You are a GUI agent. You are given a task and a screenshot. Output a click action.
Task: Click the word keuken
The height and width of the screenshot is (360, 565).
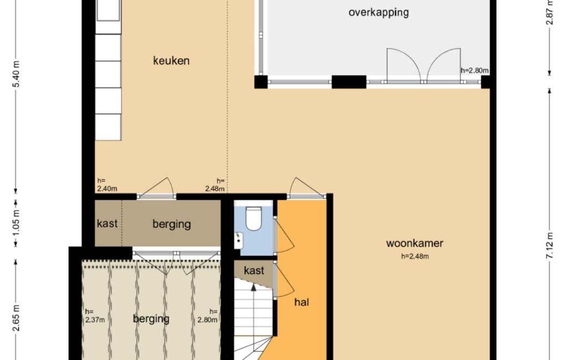point(171,60)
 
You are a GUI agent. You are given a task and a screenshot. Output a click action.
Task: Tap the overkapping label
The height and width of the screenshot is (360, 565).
point(378,13)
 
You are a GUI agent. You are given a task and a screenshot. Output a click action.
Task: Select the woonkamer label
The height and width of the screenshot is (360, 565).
point(415,243)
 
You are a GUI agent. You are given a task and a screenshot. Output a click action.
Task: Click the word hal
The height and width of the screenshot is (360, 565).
point(301,302)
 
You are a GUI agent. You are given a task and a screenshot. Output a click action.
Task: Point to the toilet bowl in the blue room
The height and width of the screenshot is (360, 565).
point(254,218)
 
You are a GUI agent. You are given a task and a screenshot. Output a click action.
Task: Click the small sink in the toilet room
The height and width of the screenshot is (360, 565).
point(238,240)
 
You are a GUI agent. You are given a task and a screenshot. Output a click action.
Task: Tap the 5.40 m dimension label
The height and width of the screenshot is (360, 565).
point(16,74)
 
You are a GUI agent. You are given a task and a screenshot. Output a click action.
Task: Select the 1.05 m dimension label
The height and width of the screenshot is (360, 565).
point(16,223)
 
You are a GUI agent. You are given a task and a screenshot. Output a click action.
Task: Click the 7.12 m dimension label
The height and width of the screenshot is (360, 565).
point(550,245)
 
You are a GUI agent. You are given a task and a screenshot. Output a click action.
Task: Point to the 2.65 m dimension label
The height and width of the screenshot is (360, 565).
point(16,318)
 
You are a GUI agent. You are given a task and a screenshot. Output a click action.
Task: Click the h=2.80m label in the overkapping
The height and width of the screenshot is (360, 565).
point(475,70)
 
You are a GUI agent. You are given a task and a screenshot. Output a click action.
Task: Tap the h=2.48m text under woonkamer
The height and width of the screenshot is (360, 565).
point(415,256)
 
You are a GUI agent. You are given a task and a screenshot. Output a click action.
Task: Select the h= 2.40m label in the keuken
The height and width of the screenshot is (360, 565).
point(107,184)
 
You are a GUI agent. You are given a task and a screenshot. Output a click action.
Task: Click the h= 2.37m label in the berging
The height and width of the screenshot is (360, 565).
point(95,316)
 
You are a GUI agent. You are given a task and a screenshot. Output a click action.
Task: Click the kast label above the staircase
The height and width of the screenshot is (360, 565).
point(254,270)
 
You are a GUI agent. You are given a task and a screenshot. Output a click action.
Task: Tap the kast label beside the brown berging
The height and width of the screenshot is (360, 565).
point(107,223)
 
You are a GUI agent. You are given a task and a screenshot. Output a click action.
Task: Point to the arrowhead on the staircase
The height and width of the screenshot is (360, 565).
point(254,287)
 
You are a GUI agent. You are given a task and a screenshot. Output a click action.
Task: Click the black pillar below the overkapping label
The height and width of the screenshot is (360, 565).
point(349,82)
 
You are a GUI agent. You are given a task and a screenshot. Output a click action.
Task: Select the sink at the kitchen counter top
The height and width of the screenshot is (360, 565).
point(108,11)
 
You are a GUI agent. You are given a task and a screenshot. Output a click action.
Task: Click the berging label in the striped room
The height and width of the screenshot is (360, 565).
point(151,319)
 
